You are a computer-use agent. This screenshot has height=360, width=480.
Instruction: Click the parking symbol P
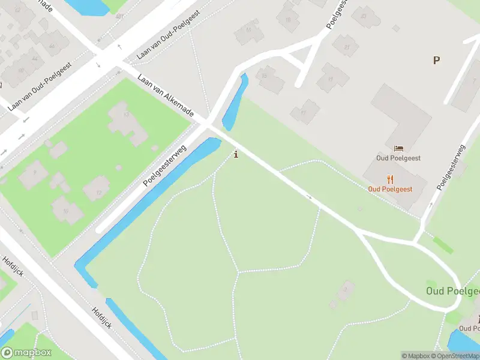tap(436, 60)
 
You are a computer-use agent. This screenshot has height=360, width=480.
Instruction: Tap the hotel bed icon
tap(398, 148)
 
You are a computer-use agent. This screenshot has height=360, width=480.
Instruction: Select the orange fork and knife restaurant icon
tap(390, 179)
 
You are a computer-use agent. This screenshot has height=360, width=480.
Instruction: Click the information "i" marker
tap(236, 154)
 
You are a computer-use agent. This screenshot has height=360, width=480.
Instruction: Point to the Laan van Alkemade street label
tap(165, 96)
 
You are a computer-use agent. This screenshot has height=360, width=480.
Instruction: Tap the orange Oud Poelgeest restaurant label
tap(390, 189)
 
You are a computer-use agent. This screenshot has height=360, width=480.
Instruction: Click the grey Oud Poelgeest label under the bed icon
tap(398, 158)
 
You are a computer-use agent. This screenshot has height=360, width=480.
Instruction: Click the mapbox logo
tap(26, 353)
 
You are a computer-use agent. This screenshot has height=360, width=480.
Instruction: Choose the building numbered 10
tap(65, 211)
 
